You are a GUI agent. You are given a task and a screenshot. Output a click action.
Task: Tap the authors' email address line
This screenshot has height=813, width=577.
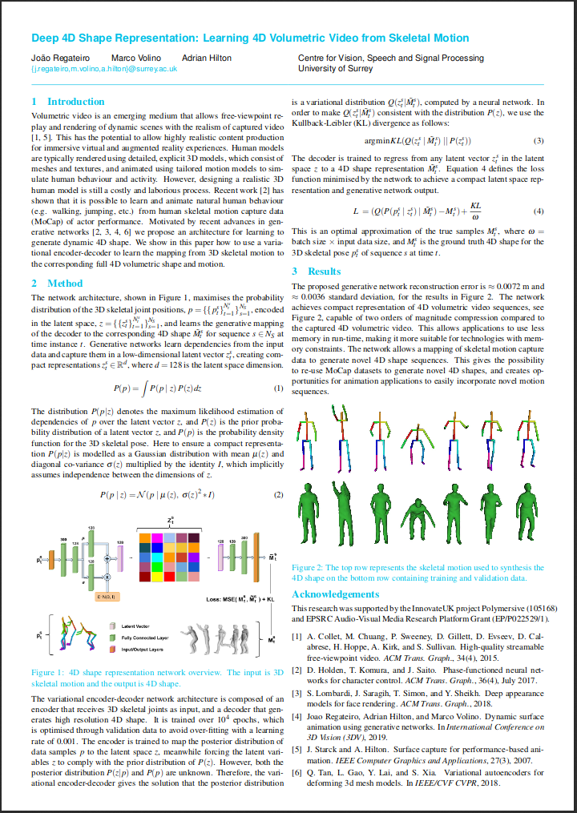[x=104, y=69]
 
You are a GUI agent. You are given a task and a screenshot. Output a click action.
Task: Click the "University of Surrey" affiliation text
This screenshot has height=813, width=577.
[x=336, y=69]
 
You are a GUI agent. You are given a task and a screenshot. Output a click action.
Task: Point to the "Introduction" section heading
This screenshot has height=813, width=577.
[x=75, y=102]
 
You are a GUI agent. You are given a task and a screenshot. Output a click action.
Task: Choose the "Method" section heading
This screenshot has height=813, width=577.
[x=65, y=283]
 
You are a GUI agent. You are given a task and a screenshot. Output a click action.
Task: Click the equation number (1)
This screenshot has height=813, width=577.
[x=279, y=388]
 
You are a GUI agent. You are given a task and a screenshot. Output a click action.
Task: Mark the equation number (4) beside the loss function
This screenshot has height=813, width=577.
[x=539, y=211]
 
